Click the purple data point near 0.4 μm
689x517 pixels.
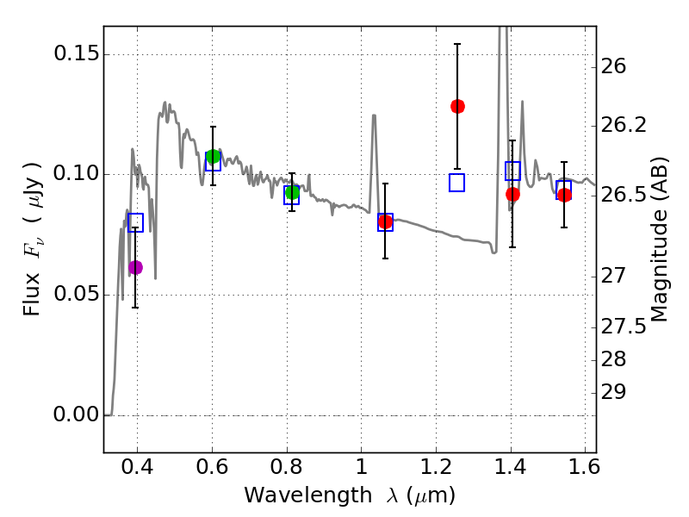[x=135, y=267]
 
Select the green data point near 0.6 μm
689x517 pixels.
[x=213, y=156]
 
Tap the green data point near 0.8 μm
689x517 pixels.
[x=292, y=192]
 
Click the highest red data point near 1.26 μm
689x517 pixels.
[x=457, y=106]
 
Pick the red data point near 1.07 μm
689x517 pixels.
[x=385, y=221]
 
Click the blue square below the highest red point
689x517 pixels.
[x=456, y=182]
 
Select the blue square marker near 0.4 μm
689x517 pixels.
[x=135, y=223]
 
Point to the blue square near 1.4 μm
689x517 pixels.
[x=512, y=171]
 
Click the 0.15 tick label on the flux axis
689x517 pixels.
[x=75, y=54]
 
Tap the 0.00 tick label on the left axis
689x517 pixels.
[x=75, y=415]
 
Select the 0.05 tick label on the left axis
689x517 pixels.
[x=75, y=295]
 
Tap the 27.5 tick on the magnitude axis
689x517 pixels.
[x=630, y=327]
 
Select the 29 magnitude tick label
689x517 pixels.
[x=619, y=392]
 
